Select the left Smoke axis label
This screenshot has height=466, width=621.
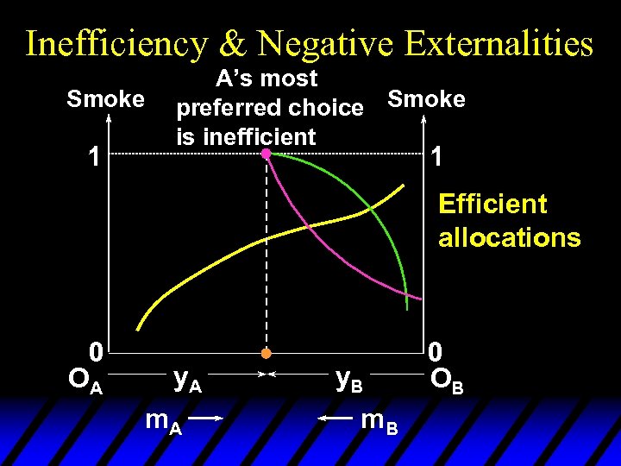click(106, 99)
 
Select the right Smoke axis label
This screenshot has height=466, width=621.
click(426, 99)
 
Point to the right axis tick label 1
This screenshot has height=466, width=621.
click(438, 156)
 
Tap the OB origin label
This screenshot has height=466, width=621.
click(446, 380)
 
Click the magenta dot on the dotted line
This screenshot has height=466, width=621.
click(267, 154)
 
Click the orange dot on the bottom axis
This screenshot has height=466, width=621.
click(267, 353)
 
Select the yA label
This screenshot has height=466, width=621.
click(187, 378)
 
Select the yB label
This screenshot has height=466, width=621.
click(348, 378)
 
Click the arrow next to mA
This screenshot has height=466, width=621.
click(206, 418)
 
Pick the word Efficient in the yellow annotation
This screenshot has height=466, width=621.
click(492, 205)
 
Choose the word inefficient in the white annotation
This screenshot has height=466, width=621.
click(247, 136)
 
